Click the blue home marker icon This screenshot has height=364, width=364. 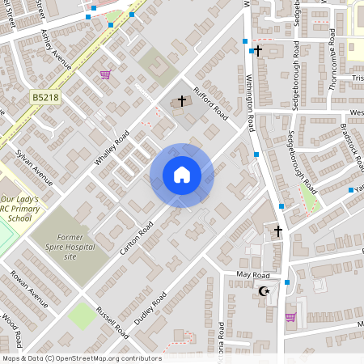182,175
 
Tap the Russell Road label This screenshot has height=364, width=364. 112,320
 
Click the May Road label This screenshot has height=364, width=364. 252,275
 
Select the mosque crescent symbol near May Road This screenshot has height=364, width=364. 264,290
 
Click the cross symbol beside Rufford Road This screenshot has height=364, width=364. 182,102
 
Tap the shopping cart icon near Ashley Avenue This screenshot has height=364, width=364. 105,75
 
